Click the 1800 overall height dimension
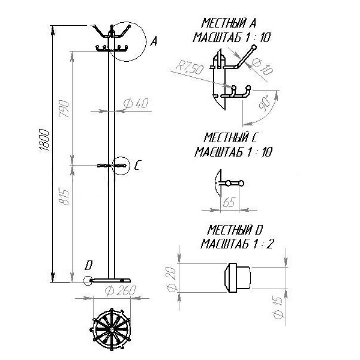click(44, 140)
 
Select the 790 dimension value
click(64, 109)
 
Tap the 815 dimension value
click(64, 197)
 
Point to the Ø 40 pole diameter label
click(136, 104)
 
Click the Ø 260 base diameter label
click(121, 290)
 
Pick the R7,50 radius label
click(190, 67)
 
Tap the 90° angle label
click(265, 103)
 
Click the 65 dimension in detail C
click(229, 203)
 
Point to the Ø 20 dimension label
click(172, 280)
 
